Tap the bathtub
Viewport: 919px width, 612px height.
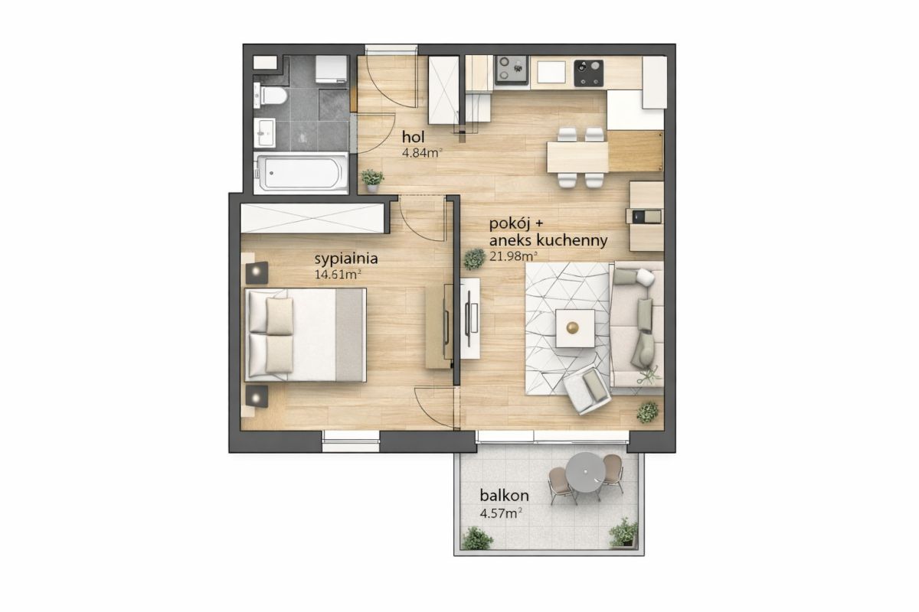click(x=301, y=173)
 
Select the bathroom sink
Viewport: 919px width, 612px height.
click(x=264, y=132)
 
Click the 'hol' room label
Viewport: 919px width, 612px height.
click(x=413, y=136)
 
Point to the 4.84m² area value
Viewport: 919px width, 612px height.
click(x=422, y=153)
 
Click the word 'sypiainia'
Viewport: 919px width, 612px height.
click(x=346, y=259)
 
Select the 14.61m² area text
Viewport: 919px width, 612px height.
click(x=338, y=274)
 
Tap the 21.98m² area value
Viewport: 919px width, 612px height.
click(x=513, y=256)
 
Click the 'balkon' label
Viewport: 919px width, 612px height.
click(x=504, y=496)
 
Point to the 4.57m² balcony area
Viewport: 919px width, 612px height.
click(x=501, y=513)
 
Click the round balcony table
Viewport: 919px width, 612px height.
click(x=584, y=473)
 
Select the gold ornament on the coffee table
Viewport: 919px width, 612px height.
click(x=572, y=327)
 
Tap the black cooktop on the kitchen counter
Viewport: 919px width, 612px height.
click(x=589, y=73)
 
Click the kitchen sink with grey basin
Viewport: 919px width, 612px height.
click(x=512, y=70)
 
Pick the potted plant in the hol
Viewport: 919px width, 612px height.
click(x=372, y=181)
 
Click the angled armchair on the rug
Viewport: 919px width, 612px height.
click(x=587, y=389)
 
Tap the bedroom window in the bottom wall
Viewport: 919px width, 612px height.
click(x=351, y=441)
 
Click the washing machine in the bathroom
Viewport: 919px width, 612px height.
click(x=332, y=70)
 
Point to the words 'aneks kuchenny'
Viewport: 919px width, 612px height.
click(x=548, y=241)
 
